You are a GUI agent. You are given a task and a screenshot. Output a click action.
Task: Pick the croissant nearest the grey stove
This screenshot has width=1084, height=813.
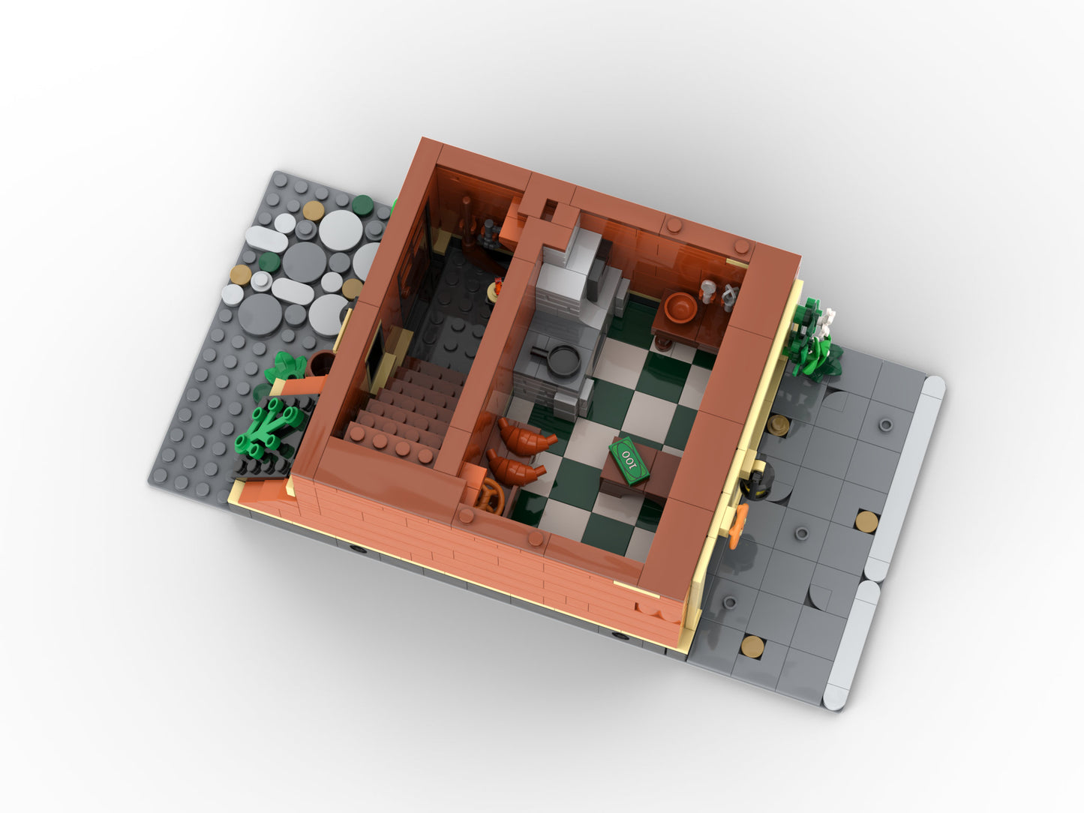[527, 436]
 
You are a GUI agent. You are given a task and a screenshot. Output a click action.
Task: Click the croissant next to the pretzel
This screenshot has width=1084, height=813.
[516, 468]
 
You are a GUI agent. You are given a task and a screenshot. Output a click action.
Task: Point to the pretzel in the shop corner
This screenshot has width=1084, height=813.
[491, 496]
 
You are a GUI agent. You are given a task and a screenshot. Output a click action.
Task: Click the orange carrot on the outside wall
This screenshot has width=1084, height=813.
[737, 526]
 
